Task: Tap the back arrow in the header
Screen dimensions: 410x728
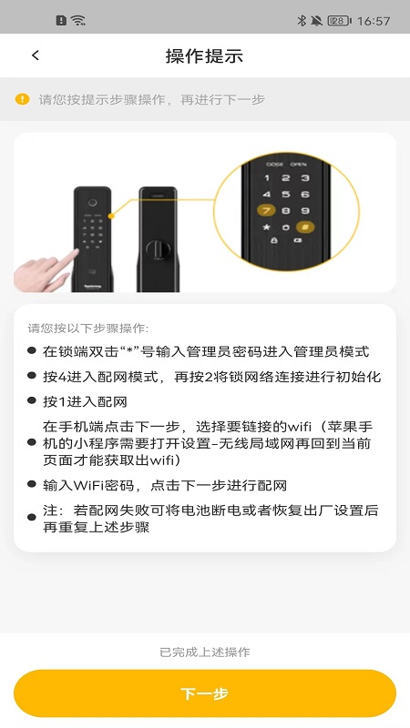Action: click(36, 56)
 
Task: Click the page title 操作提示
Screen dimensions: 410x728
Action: click(204, 56)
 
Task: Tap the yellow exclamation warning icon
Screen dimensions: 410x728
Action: click(22, 99)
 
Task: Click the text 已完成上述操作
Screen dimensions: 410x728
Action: click(204, 652)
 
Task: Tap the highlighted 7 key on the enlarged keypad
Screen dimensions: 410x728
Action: click(266, 211)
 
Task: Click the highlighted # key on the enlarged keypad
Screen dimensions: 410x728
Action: click(305, 227)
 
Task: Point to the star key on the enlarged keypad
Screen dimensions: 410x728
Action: click(266, 227)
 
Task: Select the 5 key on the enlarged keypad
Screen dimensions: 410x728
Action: click(286, 195)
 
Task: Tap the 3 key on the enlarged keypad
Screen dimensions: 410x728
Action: click(305, 177)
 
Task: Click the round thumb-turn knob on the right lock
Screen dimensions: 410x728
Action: click(155, 249)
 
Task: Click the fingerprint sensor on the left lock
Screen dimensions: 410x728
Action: click(93, 203)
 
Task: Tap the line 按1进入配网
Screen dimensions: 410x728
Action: click(85, 401)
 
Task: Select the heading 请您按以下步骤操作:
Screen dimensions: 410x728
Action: click(88, 329)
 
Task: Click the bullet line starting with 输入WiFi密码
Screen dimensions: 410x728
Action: click(165, 486)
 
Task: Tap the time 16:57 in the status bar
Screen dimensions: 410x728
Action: click(374, 21)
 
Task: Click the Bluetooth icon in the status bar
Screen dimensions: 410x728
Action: click(302, 20)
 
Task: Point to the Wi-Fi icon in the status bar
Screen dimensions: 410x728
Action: click(78, 20)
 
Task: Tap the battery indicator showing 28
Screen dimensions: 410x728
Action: click(339, 20)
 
